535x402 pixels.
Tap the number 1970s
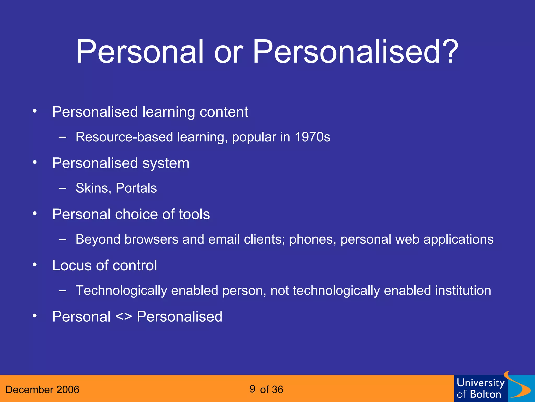click(x=312, y=137)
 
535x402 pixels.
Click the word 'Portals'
click(x=136, y=188)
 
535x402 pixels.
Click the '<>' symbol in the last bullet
click(x=124, y=317)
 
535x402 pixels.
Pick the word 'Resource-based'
click(x=124, y=137)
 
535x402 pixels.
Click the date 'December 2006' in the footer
click(x=42, y=390)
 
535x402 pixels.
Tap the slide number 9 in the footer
click(x=252, y=389)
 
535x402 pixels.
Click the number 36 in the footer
click(x=277, y=390)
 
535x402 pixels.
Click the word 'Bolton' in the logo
click(x=486, y=394)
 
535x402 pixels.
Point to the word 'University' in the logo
click(x=481, y=383)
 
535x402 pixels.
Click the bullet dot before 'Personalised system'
click(x=35, y=163)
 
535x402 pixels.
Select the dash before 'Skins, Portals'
click(x=62, y=188)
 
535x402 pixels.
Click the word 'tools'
click(x=194, y=214)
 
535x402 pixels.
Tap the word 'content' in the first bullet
click(x=224, y=112)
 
